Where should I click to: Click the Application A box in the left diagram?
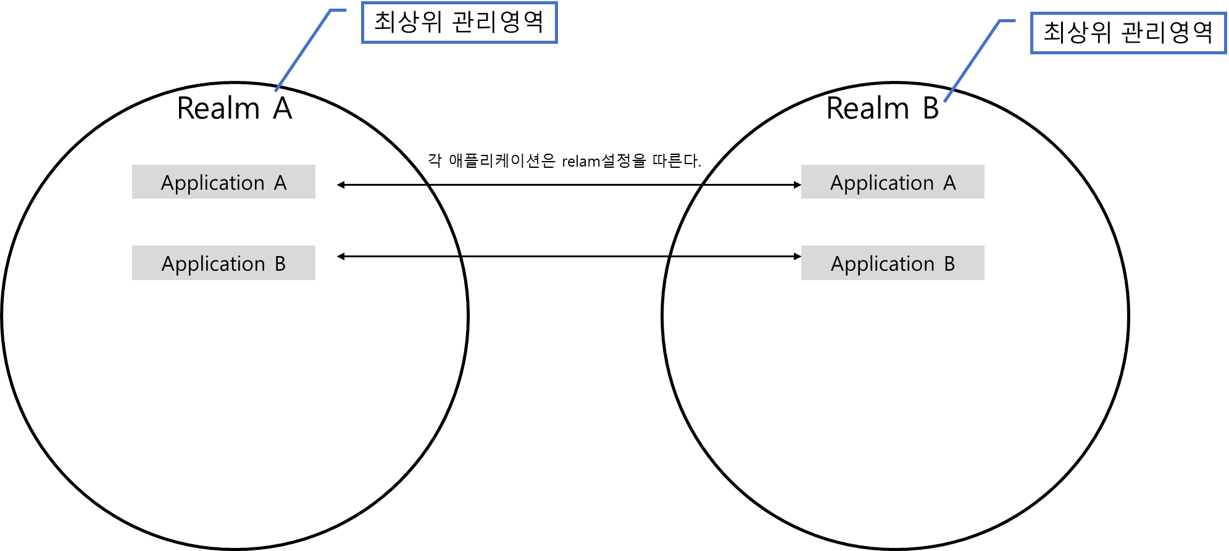[x=223, y=181]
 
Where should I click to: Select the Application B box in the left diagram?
[x=223, y=263]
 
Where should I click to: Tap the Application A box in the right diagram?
[x=893, y=181]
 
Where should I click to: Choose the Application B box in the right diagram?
[x=893, y=263]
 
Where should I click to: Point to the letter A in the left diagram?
[x=280, y=183]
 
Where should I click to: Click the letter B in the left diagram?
[x=280, y=264]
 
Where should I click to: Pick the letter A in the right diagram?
[x=949, y=183]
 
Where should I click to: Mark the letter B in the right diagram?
[x=949, y=264]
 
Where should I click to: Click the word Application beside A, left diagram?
[x=213, y=183]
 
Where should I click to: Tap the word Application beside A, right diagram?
[x=882, y=183]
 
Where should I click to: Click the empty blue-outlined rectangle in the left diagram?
[x=459, y=23]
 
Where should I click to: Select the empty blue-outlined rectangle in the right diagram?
[x=1128, y=33]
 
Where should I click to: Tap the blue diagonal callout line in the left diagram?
[x=303, y=51]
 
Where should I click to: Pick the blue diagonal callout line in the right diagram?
[x=972, y=61]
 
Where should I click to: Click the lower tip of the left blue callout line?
[x=275, y=91]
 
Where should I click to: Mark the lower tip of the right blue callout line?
[x=944, y=102]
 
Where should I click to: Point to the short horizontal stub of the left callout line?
[x=339, y=10]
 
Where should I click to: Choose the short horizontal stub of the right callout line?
[x=1007, y=21]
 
